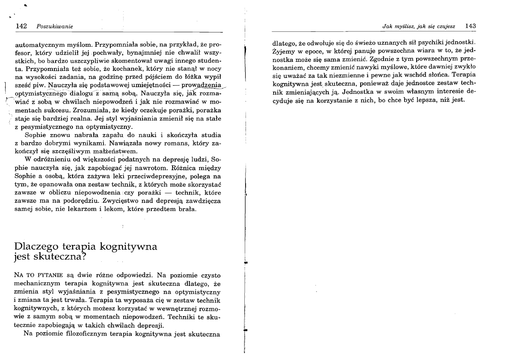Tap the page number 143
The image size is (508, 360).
[470, 26]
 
